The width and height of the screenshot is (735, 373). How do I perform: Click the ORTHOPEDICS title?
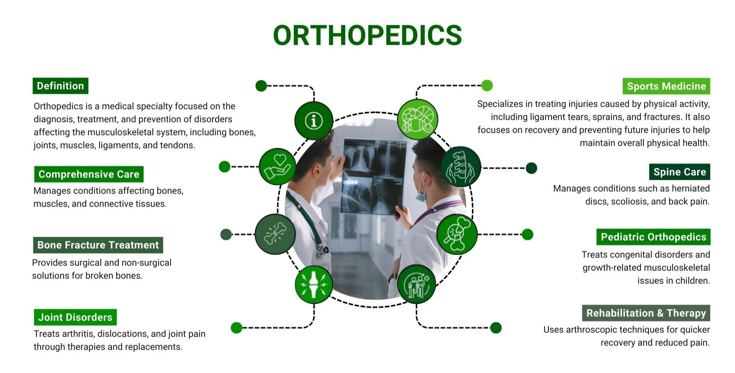(367, 35)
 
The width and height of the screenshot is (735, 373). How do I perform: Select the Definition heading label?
(60, 86)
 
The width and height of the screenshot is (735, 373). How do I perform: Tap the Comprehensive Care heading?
(89, 174)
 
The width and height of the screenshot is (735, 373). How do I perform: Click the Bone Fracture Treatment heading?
(98, 245)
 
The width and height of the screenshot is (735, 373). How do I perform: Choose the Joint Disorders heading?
(75, 317)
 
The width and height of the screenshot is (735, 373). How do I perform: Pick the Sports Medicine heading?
(666, 86)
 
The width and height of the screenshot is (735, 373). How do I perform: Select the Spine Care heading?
(679, 172)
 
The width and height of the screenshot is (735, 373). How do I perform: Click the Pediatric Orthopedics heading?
(653, 237)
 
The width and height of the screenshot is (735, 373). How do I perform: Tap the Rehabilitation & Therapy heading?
(646, 313)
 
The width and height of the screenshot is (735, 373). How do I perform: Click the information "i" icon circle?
(314, 121)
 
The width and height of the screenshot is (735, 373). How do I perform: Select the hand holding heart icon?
(278, 166)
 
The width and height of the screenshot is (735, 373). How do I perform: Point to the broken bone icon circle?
(275, 234)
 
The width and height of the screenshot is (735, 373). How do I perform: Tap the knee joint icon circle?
(314, 285)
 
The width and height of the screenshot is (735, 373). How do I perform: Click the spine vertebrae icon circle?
(461, 167)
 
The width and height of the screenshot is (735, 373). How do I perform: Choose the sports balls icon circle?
(418, 119)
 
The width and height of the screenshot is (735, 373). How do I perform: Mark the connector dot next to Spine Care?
(531, 168)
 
